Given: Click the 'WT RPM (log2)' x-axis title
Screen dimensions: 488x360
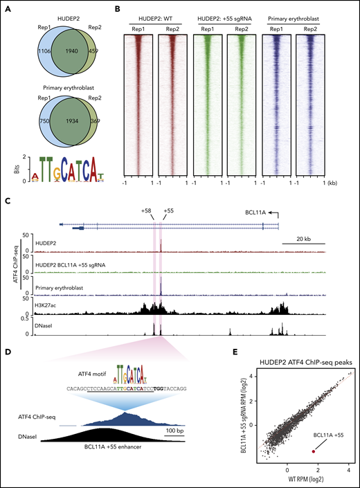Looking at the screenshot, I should (305, 482).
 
